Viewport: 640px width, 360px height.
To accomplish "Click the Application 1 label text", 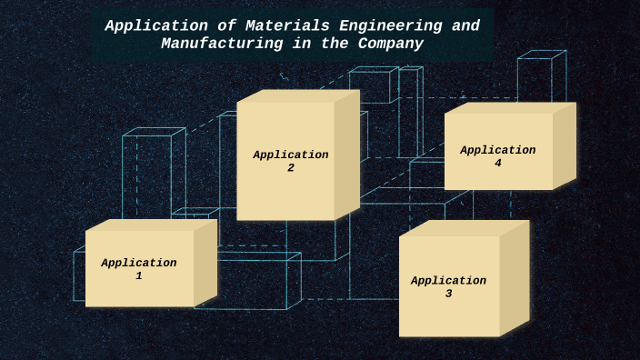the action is (x=139, y=269).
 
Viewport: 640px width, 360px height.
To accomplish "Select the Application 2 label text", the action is (x=291, y=161).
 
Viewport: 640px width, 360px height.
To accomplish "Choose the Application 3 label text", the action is (x=448, y=287).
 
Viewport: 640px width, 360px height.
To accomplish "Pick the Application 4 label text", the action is (x=497, y=156).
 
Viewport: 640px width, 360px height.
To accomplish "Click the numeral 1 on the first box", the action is (x=139, y=276).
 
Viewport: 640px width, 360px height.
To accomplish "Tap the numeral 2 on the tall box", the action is (x=291, y=168).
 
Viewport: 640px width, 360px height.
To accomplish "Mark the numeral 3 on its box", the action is (x=448, y=295).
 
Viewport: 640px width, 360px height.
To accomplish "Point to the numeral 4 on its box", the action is (x=497, y=164).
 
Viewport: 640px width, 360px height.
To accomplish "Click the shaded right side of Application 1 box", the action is (x=205, y=264).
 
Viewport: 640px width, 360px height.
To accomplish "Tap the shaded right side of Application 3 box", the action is (x=514, y=277).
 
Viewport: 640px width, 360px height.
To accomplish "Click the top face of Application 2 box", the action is (x=298, y=95).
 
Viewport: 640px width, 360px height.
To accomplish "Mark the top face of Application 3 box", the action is (x=464, y=227).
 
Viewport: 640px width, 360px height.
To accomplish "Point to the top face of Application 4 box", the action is (x=509, y=107).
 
